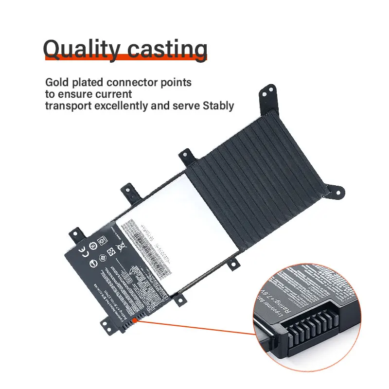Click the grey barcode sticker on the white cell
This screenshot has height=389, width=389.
click(146, 242)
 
